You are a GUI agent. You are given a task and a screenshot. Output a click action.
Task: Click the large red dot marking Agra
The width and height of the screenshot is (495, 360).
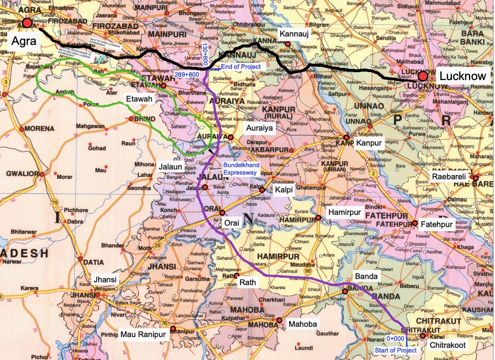pos(27,23)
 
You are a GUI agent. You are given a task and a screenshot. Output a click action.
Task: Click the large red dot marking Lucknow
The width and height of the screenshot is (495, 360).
pos(423,76)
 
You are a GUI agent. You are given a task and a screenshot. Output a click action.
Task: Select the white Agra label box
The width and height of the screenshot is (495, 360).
pos(21,41)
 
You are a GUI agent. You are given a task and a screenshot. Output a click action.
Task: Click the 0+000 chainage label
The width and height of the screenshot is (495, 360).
pos(395,338)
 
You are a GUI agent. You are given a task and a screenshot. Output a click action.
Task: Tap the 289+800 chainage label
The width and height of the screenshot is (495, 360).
pos(187,74)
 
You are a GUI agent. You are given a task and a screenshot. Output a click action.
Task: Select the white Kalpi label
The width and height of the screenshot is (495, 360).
pos(284,190)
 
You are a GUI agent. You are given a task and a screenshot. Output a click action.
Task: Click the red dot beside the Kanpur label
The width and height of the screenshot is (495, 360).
pos(347,138)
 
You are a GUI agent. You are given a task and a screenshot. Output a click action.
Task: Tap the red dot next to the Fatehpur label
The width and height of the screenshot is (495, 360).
pos(415,224)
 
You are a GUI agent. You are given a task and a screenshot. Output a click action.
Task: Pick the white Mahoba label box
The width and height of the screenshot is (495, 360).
pos(302,324)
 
